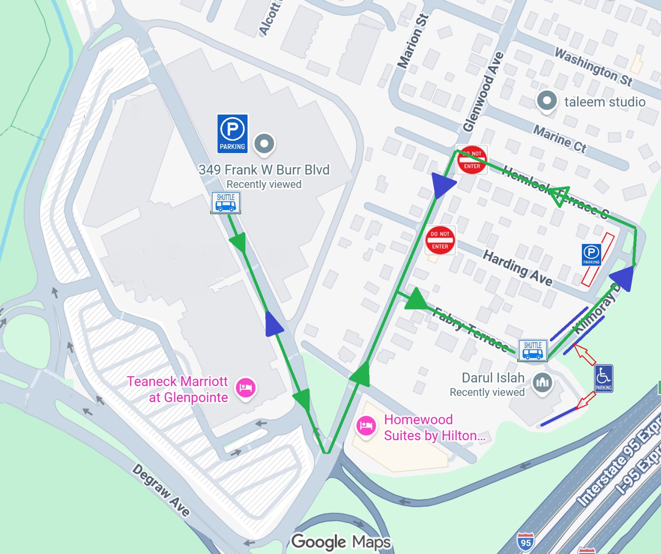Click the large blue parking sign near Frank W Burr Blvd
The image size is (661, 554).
(x=233, y=134)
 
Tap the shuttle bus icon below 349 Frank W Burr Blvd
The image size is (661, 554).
(x=226, y=202)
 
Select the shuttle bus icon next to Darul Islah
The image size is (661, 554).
(x=533, y=350)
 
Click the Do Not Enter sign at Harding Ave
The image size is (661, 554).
(x=440, y=240)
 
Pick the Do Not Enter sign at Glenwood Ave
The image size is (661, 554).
(x=472, y=160)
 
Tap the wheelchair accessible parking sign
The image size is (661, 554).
(x=604, y=378)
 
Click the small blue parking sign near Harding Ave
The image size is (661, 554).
(x=591, y=254)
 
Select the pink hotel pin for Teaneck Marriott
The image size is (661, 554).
(x=246, y=387)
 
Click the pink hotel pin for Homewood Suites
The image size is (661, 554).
(x=366, y=425)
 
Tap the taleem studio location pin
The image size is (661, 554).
(x=547, y=101)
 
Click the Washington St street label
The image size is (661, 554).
(x=593, y=67)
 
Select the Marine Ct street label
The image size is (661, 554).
(x=559, y=139)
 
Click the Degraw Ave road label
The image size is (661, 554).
(x=161, y=490)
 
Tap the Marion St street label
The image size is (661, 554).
(x=413, y=41)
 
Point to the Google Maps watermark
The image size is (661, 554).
(x=341, y=542)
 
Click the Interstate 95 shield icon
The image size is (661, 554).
(x=525, y=542)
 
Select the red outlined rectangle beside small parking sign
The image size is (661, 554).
(x=598, y=259)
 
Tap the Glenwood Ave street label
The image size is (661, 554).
(x=483, y=92)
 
